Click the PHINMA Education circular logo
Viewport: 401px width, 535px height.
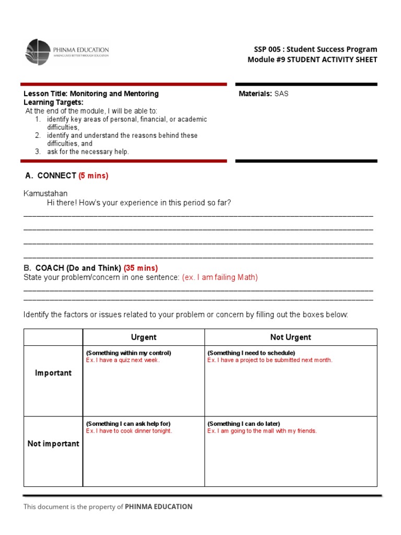click(38, 52)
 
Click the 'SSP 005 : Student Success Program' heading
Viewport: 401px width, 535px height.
click(315, 49)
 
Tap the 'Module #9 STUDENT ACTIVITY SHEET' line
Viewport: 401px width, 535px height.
click(312, 60)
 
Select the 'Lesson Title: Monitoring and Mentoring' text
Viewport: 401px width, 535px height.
click(91, 94)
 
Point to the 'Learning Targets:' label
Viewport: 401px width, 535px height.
click(53, 102)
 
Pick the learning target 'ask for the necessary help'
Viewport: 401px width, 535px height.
click(88, 152)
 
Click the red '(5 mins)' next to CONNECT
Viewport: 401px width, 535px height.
click(93, 176)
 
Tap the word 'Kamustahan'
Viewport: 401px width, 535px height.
click(45, 194)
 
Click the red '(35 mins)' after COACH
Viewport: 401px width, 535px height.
click(140, 268)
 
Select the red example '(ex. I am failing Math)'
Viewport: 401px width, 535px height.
click(220, 277)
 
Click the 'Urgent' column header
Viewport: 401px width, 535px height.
click(144, 338)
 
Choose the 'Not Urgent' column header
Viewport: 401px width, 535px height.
click(290, 338)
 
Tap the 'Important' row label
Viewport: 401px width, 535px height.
click(53, 373)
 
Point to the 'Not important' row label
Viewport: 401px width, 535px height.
click(53, 444)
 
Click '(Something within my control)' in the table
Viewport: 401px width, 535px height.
click(128, 353)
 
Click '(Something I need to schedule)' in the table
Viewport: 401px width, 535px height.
click(251, 353)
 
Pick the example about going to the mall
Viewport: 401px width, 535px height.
click(262, 431)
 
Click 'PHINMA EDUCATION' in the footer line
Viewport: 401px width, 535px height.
click(159, 507)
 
